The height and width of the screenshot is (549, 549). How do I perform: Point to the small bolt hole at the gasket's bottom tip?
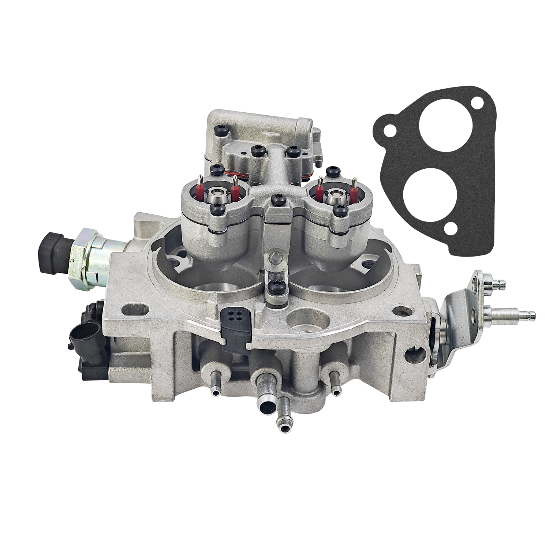point(449,229)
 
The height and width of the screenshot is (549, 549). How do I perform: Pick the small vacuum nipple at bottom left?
point(215,389)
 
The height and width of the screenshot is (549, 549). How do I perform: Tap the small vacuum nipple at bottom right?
point(335,389)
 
